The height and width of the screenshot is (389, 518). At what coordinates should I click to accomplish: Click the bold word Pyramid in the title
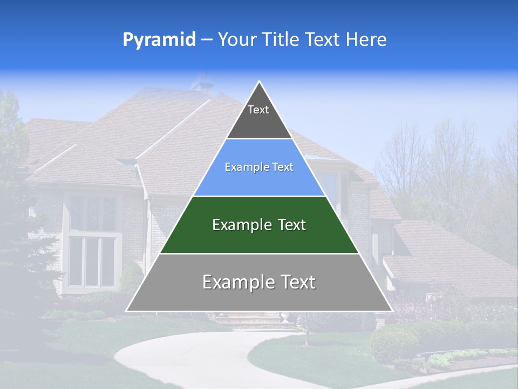[x=159, y=40]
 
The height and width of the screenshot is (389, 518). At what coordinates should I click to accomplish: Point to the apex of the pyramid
[x=260, y=82]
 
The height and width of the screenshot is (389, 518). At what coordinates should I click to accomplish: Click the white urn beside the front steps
[x=285, y=317]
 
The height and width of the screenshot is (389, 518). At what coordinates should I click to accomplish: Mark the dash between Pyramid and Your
[x=206, y=40]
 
